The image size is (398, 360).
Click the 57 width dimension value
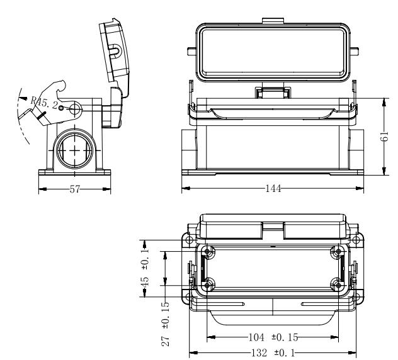74,190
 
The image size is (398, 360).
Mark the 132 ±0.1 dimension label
271,353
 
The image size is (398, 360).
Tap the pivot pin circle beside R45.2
74,110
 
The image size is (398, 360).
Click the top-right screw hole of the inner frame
339,252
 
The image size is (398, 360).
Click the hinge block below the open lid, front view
272,93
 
